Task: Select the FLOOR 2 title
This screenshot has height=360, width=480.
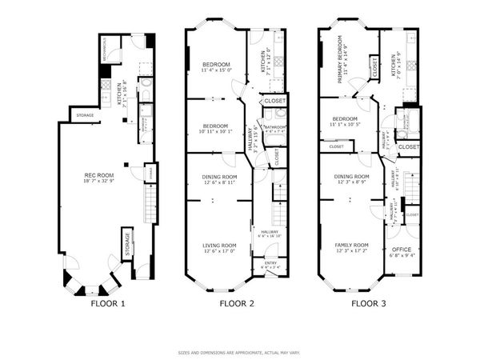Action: (x=237, y=303)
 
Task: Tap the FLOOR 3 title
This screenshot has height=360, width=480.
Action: (x=369, y=303)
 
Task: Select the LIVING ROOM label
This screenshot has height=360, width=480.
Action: (x=218, y=245)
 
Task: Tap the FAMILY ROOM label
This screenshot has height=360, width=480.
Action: (x=351, y=245)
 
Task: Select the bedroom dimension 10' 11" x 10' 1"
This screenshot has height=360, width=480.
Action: (x=216, y=132)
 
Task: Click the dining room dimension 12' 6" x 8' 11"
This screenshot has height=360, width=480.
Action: (x=218, y=183)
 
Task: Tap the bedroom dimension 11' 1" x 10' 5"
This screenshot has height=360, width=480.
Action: (x=345, y=125)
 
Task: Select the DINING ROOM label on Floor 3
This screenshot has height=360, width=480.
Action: (x=351, y=176)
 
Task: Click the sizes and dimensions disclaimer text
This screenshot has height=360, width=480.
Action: (x=238, y=352)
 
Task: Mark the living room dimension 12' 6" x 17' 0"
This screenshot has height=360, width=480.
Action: (x=218, y=252)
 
